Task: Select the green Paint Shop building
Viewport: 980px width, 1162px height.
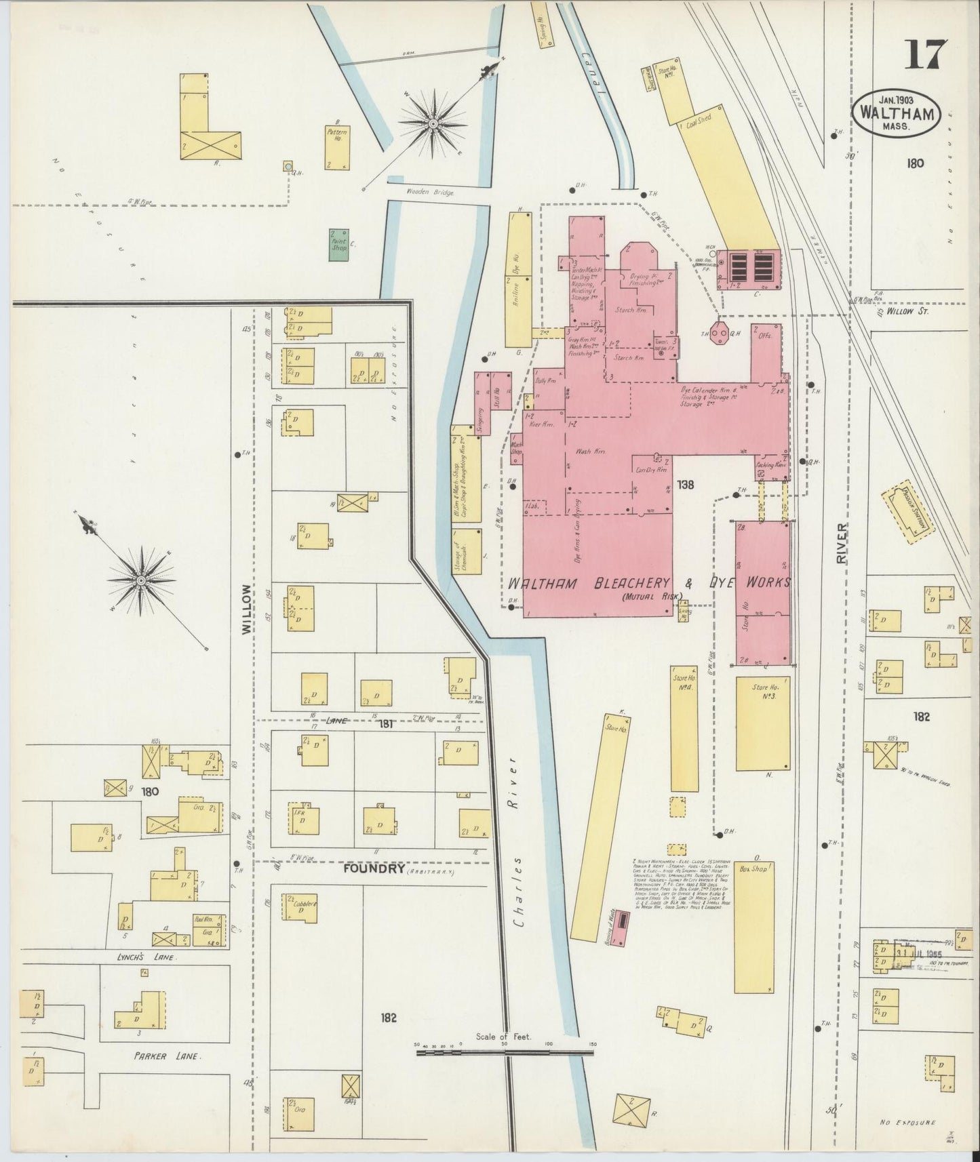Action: coord(339,244)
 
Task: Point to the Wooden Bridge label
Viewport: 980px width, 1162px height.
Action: coord(429,193)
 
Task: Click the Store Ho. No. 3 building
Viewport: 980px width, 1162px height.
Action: coord(763,723)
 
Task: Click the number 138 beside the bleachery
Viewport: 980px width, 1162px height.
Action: coord(686,485)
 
